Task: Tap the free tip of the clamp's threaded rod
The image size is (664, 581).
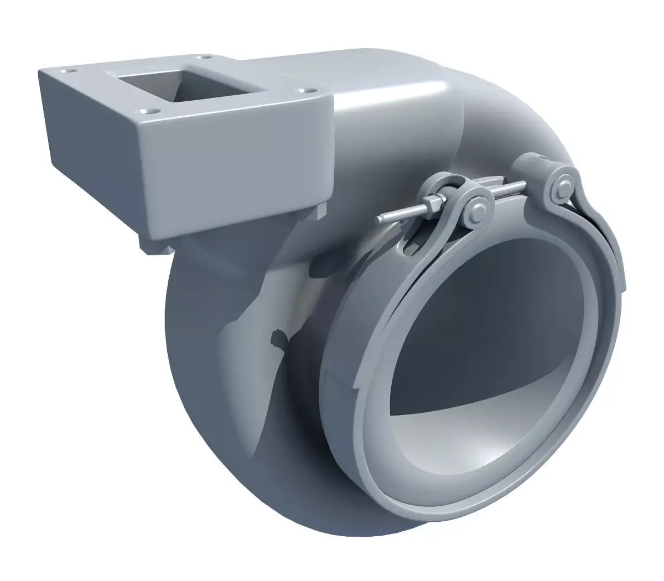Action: tap(380, 220)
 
